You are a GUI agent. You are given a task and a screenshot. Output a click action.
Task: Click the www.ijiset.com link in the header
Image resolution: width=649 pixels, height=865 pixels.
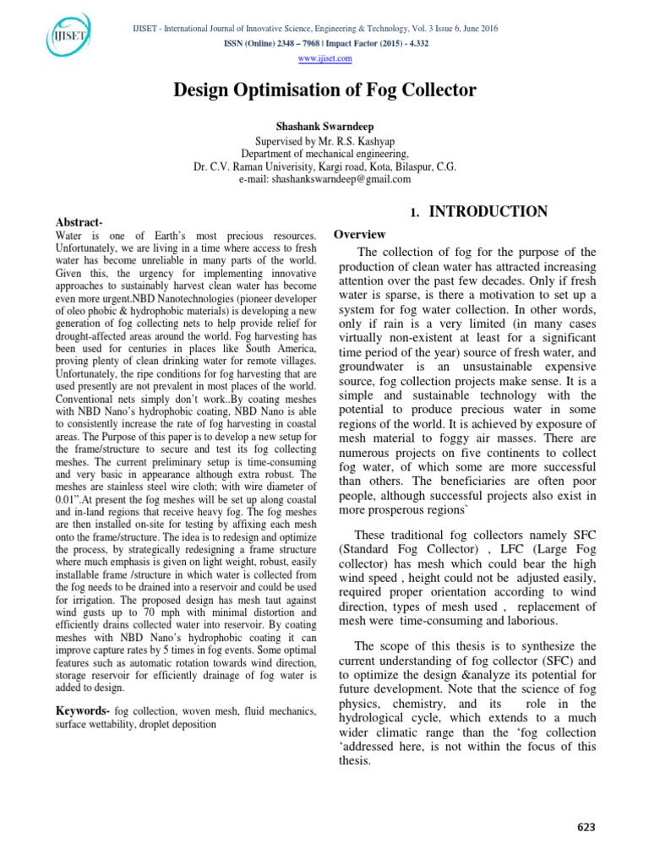pos(324,58)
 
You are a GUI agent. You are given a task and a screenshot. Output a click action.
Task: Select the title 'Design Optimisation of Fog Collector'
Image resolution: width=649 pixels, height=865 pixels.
pos(325,90)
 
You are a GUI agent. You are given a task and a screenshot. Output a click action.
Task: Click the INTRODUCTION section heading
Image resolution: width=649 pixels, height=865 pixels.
pos(488,212)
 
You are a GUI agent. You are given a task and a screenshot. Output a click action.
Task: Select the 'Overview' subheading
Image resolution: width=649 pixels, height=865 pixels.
pos(360,234)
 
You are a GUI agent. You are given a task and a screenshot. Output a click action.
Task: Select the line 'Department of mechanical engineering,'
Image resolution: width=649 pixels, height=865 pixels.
pos(325,154)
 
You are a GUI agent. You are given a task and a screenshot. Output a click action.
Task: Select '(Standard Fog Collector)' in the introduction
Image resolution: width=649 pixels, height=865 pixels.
pos(400,547)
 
